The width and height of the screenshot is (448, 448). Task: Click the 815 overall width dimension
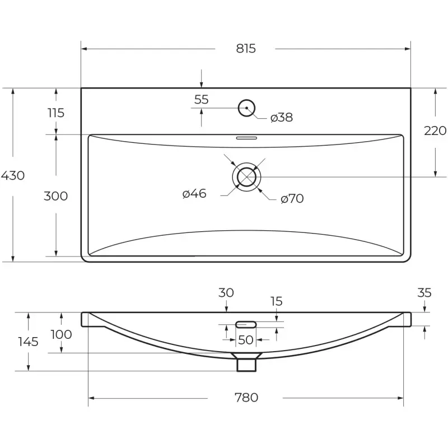pyautogui.click(x=246, y=49)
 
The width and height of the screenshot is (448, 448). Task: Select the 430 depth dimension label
pyautogui.click(x=13, y=175)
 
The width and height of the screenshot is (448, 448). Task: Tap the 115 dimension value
pyautogui.click(x=55, y=113)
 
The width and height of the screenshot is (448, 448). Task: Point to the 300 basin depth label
pyautogui.click(x=55, y=197)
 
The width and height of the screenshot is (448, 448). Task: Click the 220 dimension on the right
pyautogui.click(x=435, y=131)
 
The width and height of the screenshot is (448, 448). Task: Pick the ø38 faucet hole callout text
pyautogui.click(x=282, y=118)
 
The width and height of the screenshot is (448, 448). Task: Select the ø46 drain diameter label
pyautogui.click(x=194, y=194)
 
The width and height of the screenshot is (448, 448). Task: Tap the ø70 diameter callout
pyautogui.click(x=292, y=199)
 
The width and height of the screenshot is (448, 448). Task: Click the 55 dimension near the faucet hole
pyautogui.click(x=202, y=100)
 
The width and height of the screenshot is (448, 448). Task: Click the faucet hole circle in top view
pyautogui.click(x=246, y=100)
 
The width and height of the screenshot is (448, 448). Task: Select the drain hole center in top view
pyautogui.click(x=246, y=177)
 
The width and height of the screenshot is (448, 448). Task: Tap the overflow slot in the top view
pyautogui.click(x=246, y=138)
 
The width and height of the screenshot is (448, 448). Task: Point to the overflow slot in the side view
pyautogui.click(x=246, y=324)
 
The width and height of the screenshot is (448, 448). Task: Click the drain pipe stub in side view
pyautogui.click(x=246, y=365)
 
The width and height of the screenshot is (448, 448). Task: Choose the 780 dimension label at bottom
pyautogui.click(x=246, y=398)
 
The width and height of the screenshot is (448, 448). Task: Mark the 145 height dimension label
pyautogui.click(x=29, y=342)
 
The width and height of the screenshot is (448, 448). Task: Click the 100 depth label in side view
pyautogui.click(x=61, y=334)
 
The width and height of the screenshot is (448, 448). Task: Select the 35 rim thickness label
pyautogui.click(x=424, y=293)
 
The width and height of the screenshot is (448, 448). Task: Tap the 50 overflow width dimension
pyautogui.click(x=246, y=340)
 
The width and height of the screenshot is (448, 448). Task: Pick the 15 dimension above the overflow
pyautogui.click(x=276, y=301)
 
